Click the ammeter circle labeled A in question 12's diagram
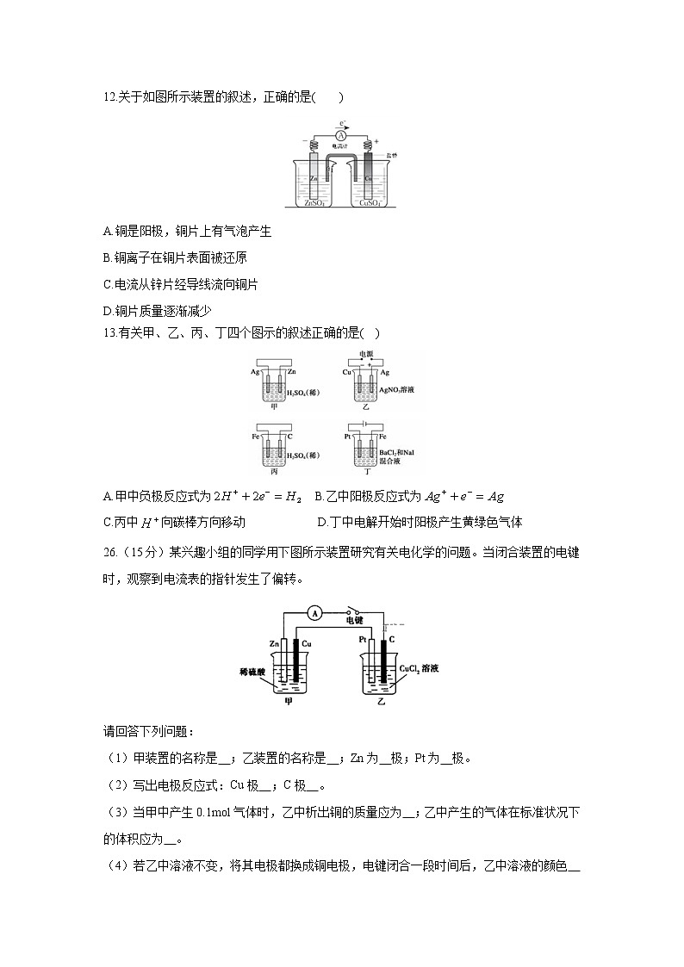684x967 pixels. coord(341,136)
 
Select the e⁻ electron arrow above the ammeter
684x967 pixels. coord(343,124)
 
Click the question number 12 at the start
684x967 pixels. coord(109,97)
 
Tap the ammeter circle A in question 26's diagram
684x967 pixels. coord(316,613)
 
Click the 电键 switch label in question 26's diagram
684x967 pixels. coord(354,620)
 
